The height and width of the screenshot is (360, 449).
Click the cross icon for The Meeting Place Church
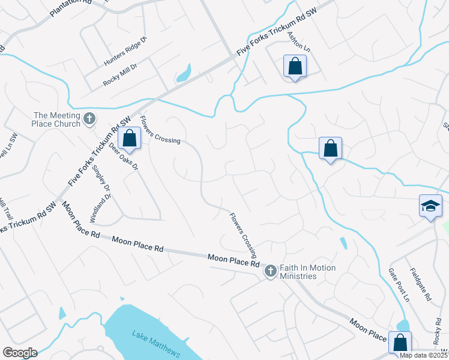(89, 118)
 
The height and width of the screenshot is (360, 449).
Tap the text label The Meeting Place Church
(56, 119)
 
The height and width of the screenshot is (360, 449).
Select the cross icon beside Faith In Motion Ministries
(270, 272)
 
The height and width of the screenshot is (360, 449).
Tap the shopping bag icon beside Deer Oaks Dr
(130, 139)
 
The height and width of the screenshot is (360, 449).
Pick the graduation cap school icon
(430, 206)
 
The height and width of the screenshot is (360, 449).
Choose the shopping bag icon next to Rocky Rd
(400, 343)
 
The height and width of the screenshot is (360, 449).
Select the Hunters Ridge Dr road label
(125, 52)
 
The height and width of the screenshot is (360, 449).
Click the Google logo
(19, 353)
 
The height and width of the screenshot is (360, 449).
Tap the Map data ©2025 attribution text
(422, 355)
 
